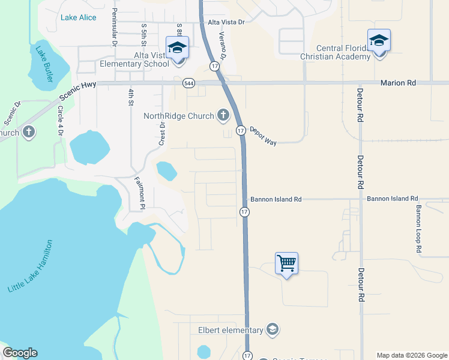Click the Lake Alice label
tap(78, 17)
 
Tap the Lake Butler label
tap(44, 64)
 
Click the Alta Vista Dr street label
tap(226, 22)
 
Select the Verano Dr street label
tap(222, 46)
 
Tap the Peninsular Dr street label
tap(113, 27)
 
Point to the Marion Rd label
tap(398, 83)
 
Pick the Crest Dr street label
tap(161, 134)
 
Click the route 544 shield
tap(189, 83)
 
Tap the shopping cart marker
tap(287, 263)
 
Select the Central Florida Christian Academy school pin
tap(379, 41)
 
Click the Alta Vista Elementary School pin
tap(177, 47)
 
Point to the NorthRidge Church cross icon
tap(223, 115)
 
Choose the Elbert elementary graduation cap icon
tap(273, 329)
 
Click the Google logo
tap(20, 353)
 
